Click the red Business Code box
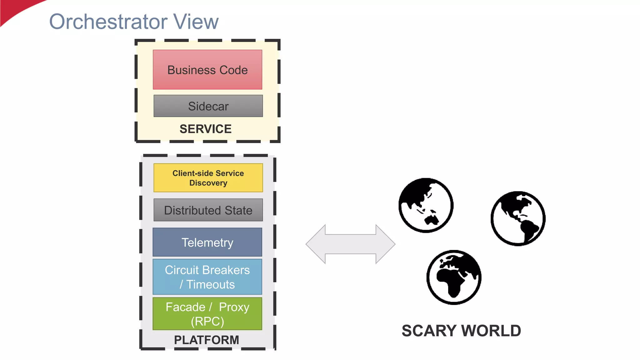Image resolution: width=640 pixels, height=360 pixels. coord(207,70)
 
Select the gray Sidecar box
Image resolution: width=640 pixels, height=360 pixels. coord(208,106)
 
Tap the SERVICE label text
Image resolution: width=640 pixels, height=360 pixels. coord(206,129)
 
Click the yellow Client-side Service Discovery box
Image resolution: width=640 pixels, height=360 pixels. coord(208,178)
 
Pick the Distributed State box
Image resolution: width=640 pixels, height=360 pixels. coord(208,210)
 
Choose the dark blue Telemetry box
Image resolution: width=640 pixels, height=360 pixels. coord(207,242)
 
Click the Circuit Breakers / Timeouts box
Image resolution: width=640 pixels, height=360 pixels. coord(207,277)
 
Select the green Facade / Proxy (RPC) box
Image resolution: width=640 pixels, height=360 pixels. coord(207,314)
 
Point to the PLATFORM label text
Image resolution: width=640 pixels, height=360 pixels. coord(207,340)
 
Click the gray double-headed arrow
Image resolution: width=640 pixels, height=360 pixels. coord(350,244)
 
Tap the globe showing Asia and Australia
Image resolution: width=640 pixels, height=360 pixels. coord(426,205)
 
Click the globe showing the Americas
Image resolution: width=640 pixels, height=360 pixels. coord(518,218)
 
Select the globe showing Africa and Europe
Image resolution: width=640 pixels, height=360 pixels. coord(454,277)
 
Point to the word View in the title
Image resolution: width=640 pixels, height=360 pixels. coord(196,22)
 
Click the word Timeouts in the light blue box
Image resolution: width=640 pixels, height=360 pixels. coord(211,285)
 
